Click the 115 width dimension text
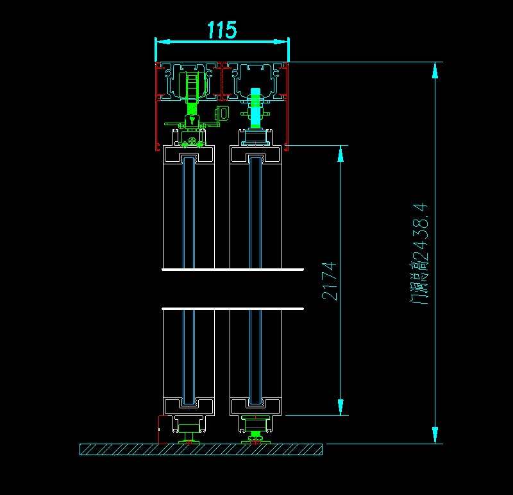pos(222,30)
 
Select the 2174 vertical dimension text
pos(329,281)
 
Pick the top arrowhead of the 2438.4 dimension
pos(435,69)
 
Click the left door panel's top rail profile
pos(189,153)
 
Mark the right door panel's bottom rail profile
pos(255,406)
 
